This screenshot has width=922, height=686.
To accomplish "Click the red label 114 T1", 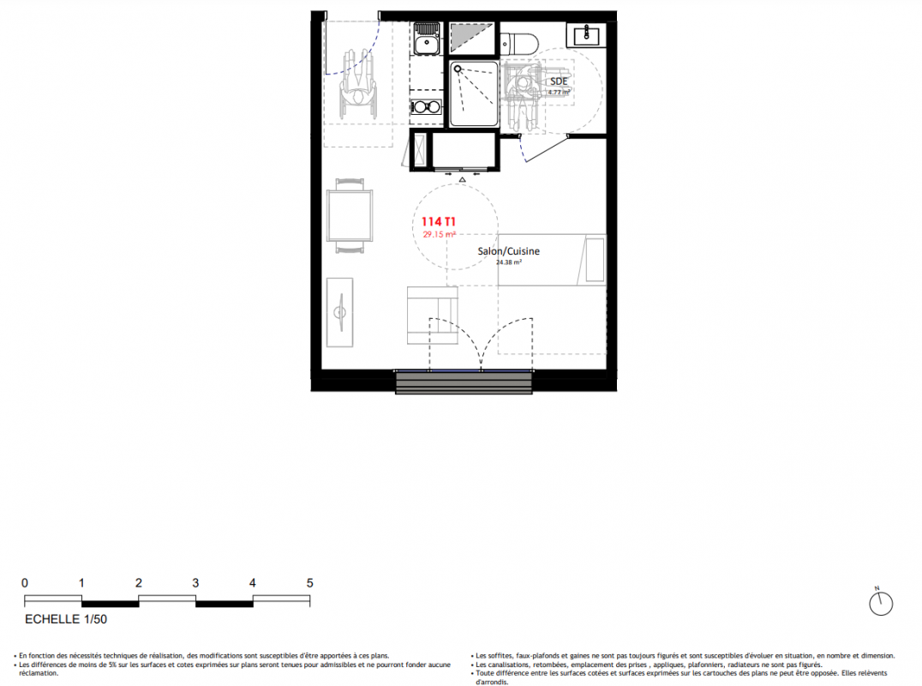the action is [439, 222].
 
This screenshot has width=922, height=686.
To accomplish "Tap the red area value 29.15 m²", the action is [440, 234].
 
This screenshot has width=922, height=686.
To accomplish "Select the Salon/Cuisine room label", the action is [509, 251].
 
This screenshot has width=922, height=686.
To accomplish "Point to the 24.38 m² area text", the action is [509, 262].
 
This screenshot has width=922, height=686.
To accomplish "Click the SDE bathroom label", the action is [559, 81].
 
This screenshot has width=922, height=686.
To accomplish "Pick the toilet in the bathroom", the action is [520, 43].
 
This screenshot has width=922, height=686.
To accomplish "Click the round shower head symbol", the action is [458, 69].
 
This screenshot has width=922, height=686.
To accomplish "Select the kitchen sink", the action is [427, 39].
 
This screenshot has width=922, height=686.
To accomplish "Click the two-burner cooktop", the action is [426, 107].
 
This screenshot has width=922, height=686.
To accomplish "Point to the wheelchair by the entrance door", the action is [357, 84].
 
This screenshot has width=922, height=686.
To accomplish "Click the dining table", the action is [350, 215].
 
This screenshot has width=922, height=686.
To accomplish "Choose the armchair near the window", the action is [432, 316].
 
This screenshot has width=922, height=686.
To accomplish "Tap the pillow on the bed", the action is [595, 260].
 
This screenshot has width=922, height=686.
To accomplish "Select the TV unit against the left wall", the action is [340, 312].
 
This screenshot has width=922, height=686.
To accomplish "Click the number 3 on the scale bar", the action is [195, 583].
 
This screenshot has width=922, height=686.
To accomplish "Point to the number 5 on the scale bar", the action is [310, 583].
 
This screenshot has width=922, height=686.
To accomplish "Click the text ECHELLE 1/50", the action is [66, 619].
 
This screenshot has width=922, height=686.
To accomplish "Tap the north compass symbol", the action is [881, 603].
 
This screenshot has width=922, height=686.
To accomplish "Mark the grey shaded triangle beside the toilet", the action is [471, 39].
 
